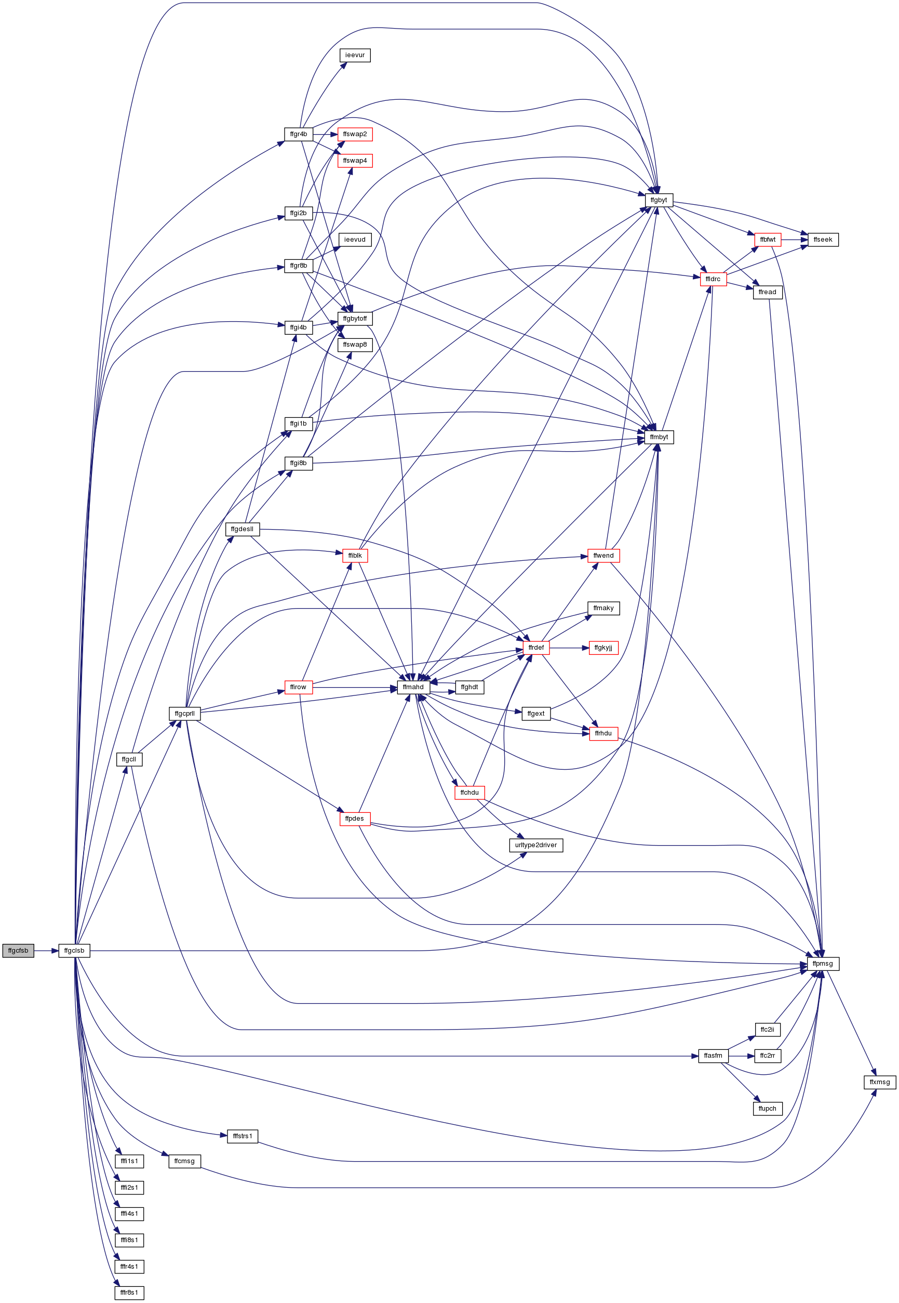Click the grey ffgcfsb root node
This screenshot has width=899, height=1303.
[x=18, y=951]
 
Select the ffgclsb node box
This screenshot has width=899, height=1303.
[x=74, y=951]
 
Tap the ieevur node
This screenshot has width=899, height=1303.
[x=355, y=55]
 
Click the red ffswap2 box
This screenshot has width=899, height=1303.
[x=355, y=134]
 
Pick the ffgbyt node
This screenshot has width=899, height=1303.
[x=659, y=200]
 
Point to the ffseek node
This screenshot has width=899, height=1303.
[x=823, y=240]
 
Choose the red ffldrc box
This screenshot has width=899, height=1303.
[x=713, y=279]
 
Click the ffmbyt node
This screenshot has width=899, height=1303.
[x=659, y=437]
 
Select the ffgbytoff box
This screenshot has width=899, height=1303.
[x=355, y=319]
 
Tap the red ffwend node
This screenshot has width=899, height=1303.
[x=603, y=555]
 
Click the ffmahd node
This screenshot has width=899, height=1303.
[x=413, y=687]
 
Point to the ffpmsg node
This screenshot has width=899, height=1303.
[x=822, y=963]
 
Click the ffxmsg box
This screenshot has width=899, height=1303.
[x=880, y=1082]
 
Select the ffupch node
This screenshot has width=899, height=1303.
[x=767, y=1109]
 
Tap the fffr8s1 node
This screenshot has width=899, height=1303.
[x=129, y=1293]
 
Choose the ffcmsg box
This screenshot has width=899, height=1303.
[x=184, y=1161]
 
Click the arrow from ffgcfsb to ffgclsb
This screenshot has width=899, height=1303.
[x=46, y=951]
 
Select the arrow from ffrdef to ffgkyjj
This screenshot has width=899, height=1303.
[x=569, y=648]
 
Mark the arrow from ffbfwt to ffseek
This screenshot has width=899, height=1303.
[x=794, y=240]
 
